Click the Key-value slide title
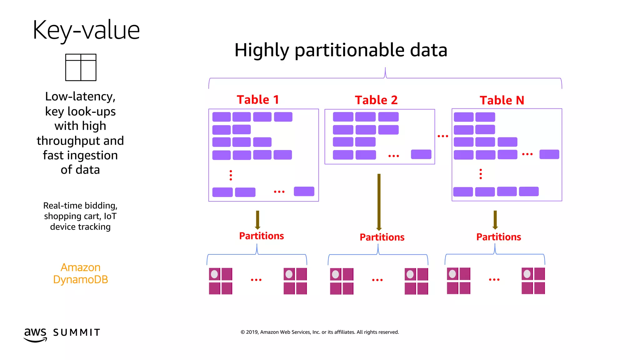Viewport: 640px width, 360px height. (x=86, y=30)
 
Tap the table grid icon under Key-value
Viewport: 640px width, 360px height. (x=81, y=67)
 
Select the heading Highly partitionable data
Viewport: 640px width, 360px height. (x=341, y=50)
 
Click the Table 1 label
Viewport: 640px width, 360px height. (x=258, y=100)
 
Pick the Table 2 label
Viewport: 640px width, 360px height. (x=376, y=100)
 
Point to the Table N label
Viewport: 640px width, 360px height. (x=502, y=100)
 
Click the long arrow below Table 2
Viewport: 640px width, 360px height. (x=379, y=202)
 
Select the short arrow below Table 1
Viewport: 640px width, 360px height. (x=257, y=220)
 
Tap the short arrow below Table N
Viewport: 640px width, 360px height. (x=495, y=220)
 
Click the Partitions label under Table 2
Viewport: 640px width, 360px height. (x=382, y=237)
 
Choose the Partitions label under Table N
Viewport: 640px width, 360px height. (x=498, y=237)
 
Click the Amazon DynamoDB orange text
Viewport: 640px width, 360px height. (x=81, y=273)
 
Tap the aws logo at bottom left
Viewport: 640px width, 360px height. (x=35, y=334)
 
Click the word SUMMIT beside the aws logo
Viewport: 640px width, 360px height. (x=77, y=332)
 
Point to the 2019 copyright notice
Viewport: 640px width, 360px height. (x=319, y=332)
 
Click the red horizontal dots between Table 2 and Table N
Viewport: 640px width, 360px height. (x=443, y=136)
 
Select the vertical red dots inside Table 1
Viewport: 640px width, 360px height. (x=231, y=175)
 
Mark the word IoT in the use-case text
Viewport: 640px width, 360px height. (x=110, y=216)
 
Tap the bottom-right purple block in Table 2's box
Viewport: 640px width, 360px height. (x=421, y=154)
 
